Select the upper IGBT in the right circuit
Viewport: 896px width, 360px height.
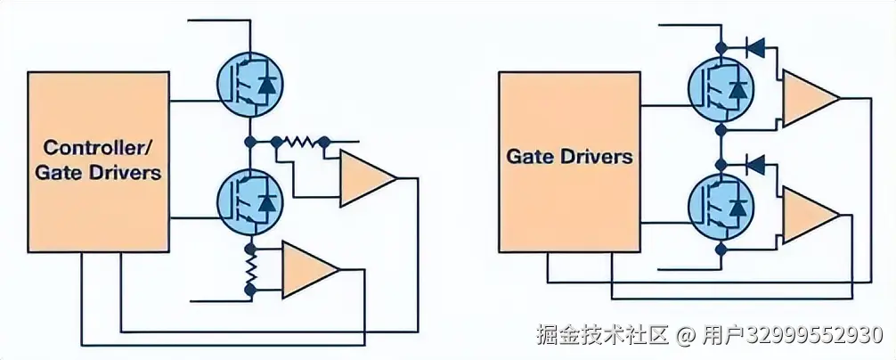720,89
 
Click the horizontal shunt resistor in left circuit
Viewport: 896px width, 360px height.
300,141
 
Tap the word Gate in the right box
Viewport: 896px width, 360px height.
529,157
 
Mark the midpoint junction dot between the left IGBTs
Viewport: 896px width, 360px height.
250,141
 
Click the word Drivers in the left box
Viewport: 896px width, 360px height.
125,172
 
